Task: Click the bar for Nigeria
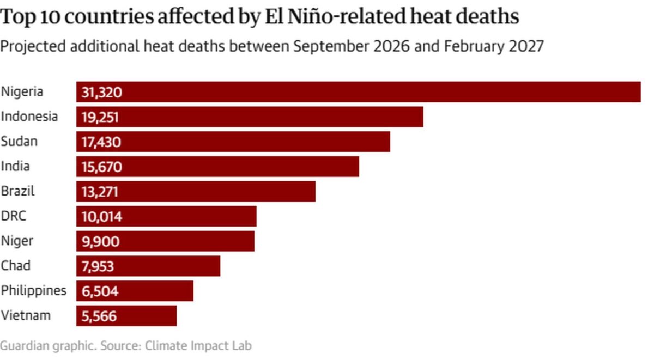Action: pos(359,92)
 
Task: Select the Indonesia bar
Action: pos(250,117)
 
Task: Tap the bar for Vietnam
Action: pos(126,316)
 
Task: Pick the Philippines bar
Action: pos(135,291)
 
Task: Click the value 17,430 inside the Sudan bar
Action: pos(101,142)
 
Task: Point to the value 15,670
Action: pos(101,167)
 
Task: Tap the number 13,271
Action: pos(100,192)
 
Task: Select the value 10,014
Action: pos(101,216)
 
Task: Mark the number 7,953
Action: pos(98,266)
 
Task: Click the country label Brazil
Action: pos(17,191)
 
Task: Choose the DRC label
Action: pos(14,216)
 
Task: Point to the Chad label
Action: pos(15,265)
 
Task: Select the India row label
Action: pos(15,166)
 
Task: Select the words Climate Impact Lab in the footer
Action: pos(198,346)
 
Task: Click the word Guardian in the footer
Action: pos(25,346)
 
